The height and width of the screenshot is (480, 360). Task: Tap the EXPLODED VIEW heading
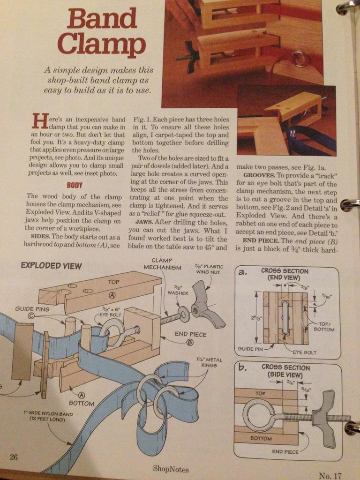coord(51,265)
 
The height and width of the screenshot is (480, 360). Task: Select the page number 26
coord(14,457)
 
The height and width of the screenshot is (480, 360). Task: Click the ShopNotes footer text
coord(171,469)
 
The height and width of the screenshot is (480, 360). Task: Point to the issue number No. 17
coord(330,476)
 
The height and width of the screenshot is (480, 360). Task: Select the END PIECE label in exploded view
coord(190,334)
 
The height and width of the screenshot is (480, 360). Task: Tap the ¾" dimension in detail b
coord(289,382)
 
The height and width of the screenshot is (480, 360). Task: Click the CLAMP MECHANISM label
coord(163,264)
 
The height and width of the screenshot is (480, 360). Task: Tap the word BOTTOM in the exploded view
coord(81,403)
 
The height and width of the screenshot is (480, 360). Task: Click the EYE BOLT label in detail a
coord(305,352)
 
